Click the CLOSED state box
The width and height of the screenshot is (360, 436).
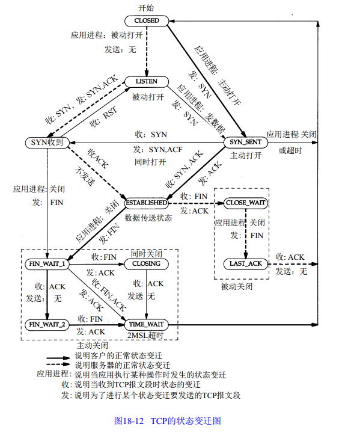point(147,20)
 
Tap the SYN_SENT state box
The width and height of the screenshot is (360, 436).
point(243,143)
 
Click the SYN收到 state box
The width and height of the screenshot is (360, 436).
point(48,143)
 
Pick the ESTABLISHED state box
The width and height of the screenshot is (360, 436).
point(145,203)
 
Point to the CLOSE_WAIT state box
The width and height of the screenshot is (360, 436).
point(245,203)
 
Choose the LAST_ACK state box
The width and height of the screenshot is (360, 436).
point(245,264)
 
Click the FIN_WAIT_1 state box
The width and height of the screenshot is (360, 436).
point(47,264)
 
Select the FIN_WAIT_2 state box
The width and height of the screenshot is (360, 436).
point(47,325)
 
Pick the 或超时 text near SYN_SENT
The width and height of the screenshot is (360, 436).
point(290,150)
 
